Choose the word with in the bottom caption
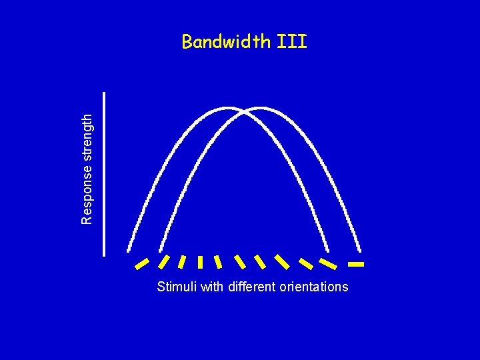213,287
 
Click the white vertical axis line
105,173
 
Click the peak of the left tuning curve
229,107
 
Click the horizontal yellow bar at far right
356,265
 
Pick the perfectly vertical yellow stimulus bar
200,261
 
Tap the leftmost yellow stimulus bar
141,264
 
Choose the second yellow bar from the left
163,261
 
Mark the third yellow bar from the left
182,261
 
